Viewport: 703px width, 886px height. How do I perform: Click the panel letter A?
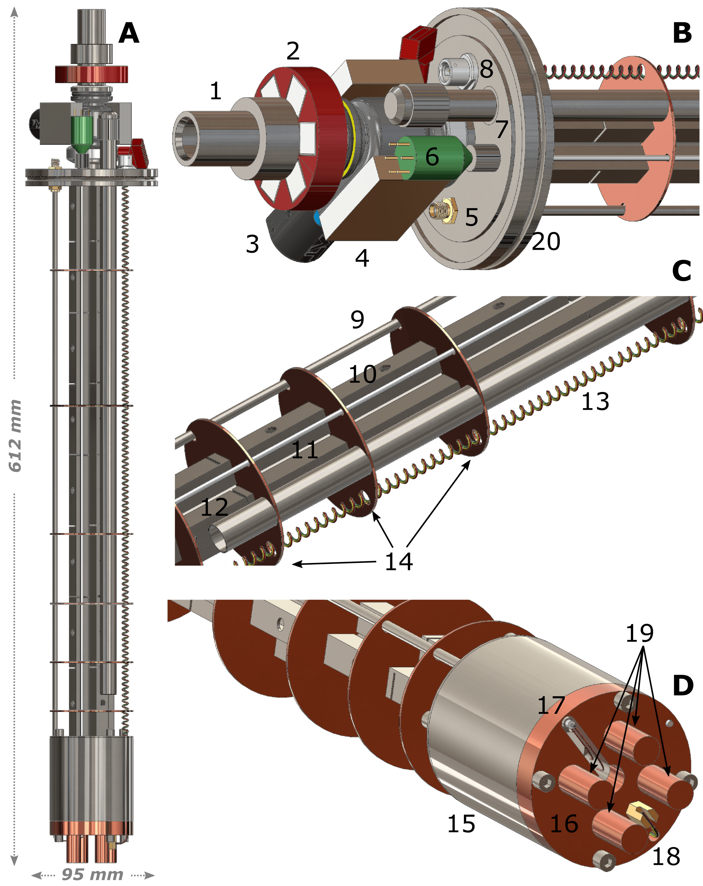(x=129, y=33)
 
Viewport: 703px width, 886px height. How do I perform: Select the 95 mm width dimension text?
(x=92, y=874)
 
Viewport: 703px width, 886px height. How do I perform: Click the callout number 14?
(x=399, y=561)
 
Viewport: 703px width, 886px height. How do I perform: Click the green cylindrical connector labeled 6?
(x=431, y=158)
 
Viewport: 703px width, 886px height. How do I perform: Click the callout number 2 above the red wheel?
(x=293, y=51)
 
